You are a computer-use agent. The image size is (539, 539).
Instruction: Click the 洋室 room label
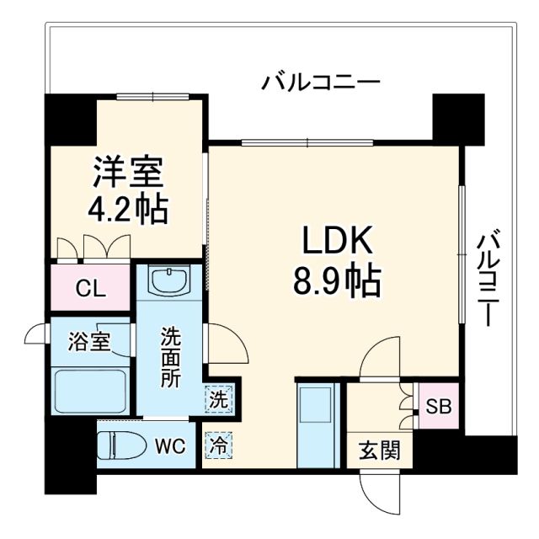tap(129, 174)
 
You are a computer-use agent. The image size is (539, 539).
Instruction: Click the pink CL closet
tap(90, 288)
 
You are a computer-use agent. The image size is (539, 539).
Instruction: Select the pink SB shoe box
tap(438, 407)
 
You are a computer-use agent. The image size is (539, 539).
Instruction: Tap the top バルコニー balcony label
tap(321, 83)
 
